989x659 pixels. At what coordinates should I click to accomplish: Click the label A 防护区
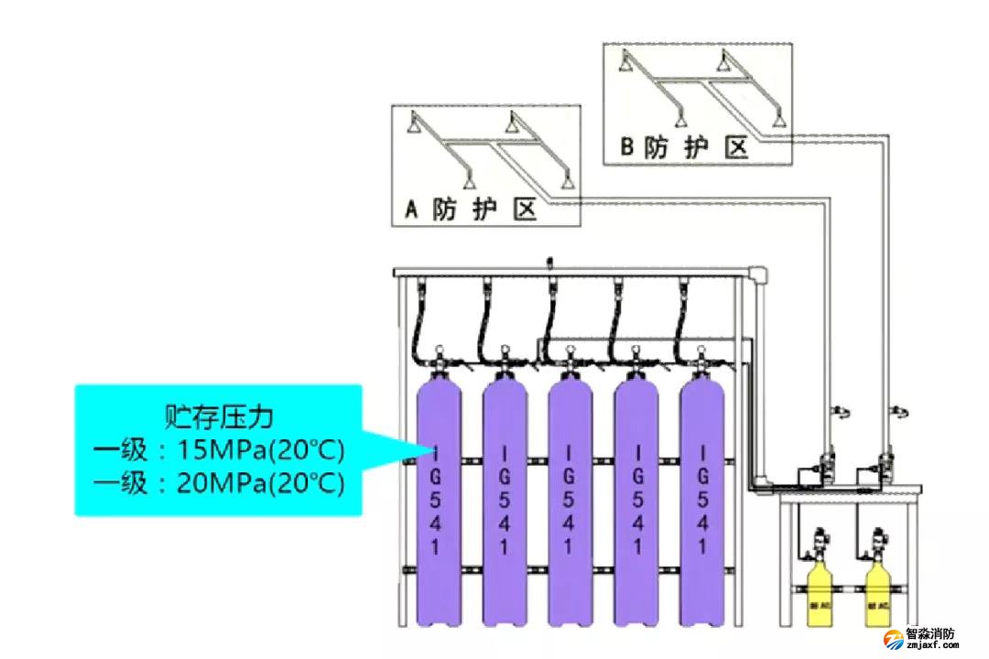(470, 210)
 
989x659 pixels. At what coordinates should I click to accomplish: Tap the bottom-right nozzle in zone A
(569, 178)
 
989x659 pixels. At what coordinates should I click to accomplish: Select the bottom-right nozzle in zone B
(778, 120)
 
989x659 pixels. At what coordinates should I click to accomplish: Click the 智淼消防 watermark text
(929, 633)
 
